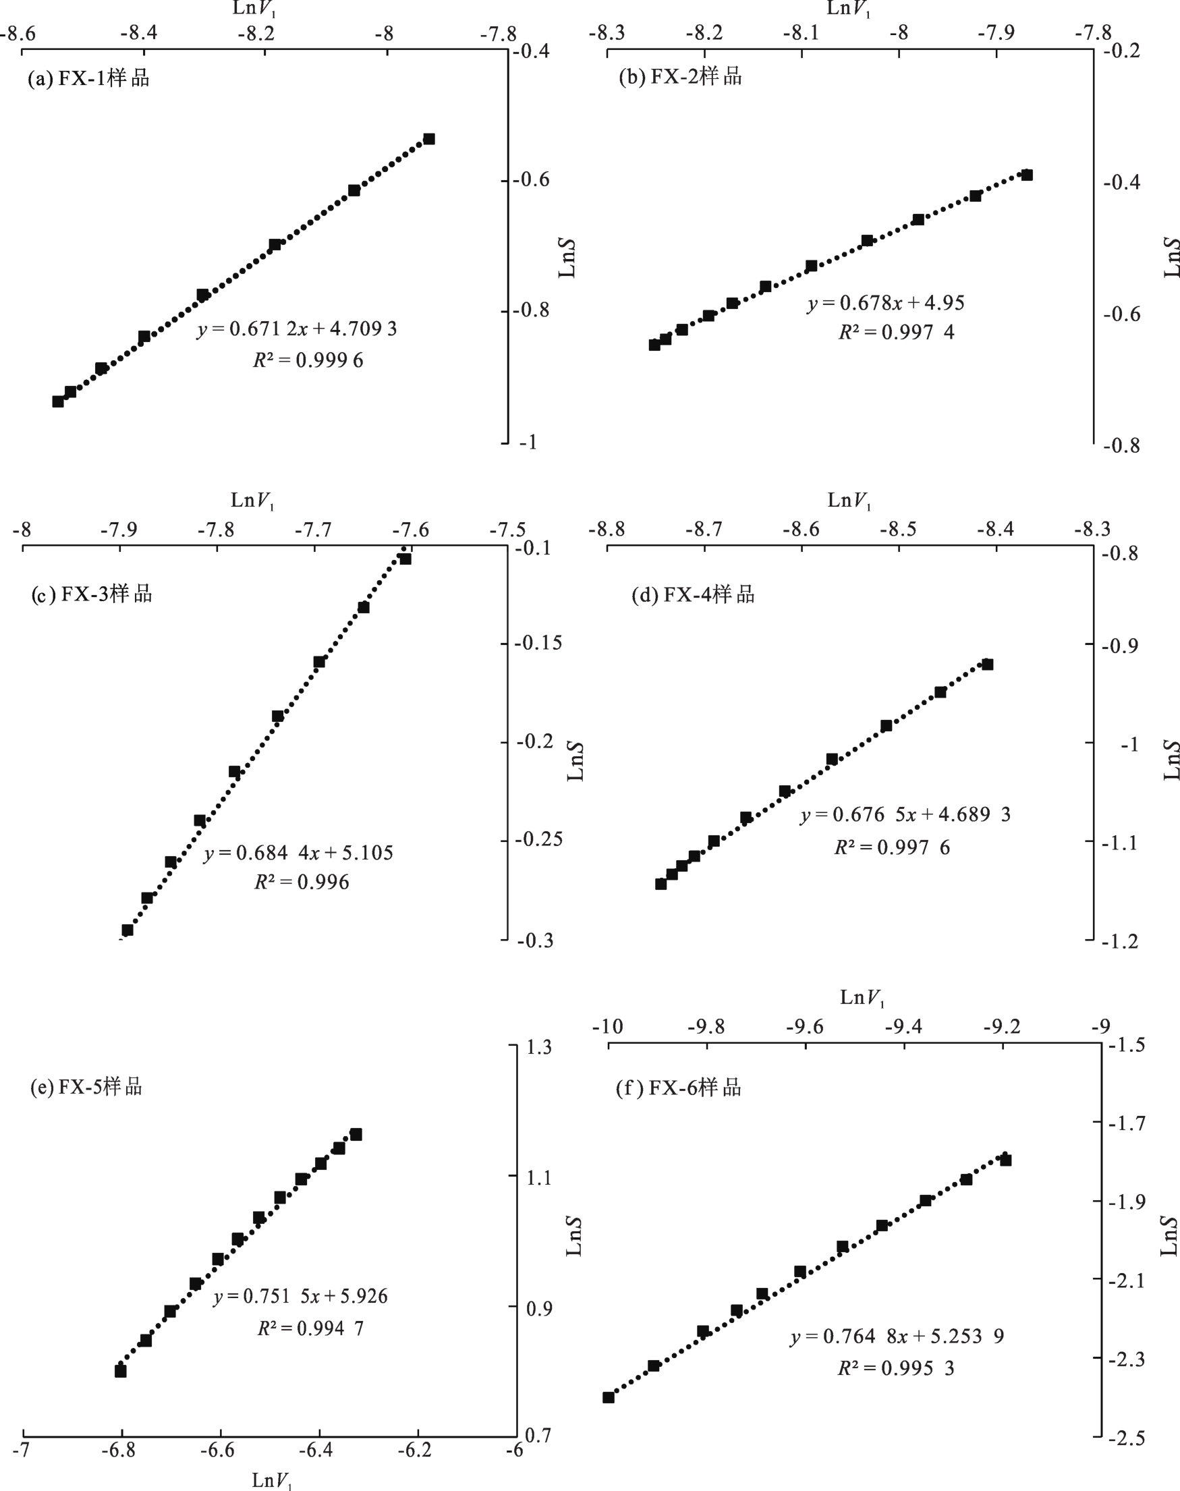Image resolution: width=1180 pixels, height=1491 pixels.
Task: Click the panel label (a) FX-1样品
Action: (x=88, y=78)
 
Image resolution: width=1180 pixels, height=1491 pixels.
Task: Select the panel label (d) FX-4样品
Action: (x=693, y=594)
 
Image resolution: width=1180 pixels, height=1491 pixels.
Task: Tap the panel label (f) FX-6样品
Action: (x=679, y=1088)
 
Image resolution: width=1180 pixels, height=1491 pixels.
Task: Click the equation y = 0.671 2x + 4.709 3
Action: (x=297, y=329)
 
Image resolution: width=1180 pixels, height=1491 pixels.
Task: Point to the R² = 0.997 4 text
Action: (x=896, y=333)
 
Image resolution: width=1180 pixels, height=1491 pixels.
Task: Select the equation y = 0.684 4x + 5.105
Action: (x=298, y=853)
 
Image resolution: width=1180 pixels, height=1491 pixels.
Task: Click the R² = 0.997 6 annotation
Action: (x=892, y=847)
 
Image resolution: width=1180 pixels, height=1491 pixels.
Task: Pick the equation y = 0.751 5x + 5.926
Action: (x=300, y=1296)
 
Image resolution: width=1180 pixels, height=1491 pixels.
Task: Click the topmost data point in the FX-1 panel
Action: (x=429, y=139)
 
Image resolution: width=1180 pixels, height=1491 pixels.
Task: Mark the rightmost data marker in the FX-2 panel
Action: (x=1027, y=175)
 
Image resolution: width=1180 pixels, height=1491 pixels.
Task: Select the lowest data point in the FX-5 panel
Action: (x=120, y=1372)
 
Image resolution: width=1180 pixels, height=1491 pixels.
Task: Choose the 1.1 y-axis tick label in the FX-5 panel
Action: (x=539, y=1177)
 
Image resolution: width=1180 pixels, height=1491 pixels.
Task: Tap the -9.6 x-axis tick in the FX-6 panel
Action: (x=805, y=1027)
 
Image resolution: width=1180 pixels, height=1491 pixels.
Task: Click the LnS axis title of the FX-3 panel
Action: (x=575, y=762)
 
